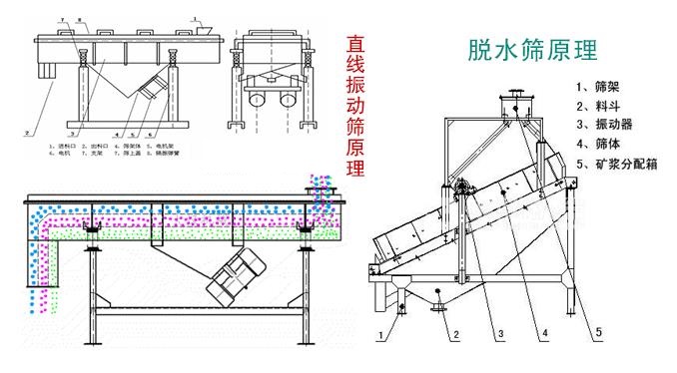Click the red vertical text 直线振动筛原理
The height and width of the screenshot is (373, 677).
tap(354, 106)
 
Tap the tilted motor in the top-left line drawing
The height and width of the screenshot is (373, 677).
tap(151, 88)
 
